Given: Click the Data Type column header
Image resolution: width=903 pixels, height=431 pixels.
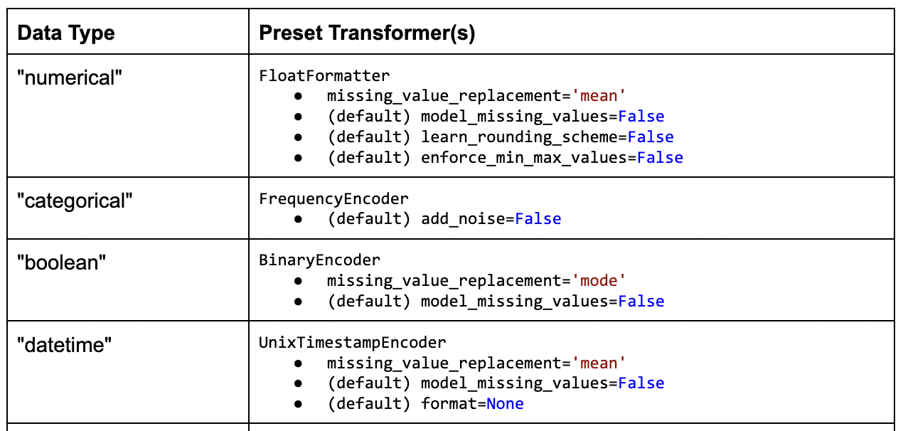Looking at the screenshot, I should coord(65,33).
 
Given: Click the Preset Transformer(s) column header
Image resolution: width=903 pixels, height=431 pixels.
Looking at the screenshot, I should coord(367,33).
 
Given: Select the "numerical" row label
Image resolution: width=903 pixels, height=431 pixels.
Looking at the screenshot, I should coord(70,78).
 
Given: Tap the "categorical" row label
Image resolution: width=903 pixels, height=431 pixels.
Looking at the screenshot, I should coord(75,201).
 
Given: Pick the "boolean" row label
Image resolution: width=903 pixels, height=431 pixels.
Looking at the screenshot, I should coord(62,262).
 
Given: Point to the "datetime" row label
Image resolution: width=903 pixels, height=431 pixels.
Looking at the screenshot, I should coord(65,345).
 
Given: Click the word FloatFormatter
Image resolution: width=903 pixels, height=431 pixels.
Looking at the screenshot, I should coord(324,75).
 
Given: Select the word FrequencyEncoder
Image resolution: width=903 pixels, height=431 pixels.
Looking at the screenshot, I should coord(333,198).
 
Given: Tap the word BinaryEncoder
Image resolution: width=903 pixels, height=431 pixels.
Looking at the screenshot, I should coord(319,260).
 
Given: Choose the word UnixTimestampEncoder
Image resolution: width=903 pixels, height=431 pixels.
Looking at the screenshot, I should coord(352,343).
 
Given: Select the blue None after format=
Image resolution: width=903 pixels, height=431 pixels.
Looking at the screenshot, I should coord(505,404).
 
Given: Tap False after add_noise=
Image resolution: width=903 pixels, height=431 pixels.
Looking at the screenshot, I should coord(538,219).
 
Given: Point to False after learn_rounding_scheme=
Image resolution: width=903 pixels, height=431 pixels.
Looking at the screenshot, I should coord(651,137).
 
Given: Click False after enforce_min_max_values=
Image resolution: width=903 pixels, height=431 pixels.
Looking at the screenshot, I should coord(660,158).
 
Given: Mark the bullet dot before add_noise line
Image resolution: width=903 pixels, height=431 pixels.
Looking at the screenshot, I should coord(299,219).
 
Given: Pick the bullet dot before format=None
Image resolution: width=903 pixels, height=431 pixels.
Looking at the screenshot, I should coord(299,404).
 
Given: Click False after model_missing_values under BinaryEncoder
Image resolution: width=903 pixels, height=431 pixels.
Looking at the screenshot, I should coord(641,302).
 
